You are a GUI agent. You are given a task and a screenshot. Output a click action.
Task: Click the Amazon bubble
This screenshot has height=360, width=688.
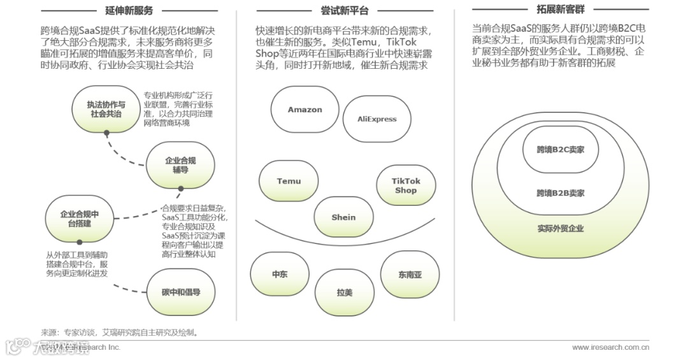point(305,110)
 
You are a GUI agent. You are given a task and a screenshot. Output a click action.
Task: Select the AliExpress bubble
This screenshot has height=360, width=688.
point(377,119)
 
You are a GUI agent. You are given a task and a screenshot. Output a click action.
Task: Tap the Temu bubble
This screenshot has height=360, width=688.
point(289,181)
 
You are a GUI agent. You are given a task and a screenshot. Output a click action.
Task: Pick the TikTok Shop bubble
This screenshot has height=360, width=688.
point(406,185)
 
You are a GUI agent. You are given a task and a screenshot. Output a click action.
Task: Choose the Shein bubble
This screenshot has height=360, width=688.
point(343,217)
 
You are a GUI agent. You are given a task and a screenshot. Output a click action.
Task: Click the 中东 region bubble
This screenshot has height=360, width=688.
point(280,274)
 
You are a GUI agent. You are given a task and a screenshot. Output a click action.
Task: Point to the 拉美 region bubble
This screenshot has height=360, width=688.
point(345,292)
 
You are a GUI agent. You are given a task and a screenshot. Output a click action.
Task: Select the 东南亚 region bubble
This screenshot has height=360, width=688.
point(410,275)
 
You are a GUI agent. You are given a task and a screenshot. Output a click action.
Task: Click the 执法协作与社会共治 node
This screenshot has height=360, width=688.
point(106,109)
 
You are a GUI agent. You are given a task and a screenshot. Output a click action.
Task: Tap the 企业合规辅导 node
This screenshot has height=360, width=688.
point(180,165)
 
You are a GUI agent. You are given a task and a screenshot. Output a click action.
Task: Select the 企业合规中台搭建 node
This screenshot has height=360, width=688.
point(80,219)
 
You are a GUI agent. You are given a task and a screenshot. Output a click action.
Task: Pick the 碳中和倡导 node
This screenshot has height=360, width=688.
point(181,292)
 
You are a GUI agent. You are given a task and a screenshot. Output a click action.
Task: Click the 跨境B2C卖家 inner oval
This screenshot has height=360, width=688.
point(561,150)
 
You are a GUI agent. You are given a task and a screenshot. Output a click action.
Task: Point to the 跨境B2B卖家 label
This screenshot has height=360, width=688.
point(561,192)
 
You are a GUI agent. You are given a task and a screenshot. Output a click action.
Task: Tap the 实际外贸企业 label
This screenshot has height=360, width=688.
point(561,228)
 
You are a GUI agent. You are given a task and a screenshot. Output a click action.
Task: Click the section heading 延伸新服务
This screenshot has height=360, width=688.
point(129,10)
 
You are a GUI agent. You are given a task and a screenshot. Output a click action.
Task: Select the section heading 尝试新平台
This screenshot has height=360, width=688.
point(344,10)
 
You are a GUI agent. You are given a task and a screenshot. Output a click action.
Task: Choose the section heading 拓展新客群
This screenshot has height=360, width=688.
point(561,9)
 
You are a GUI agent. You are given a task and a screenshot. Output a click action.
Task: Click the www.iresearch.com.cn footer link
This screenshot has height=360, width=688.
point(610,347)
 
